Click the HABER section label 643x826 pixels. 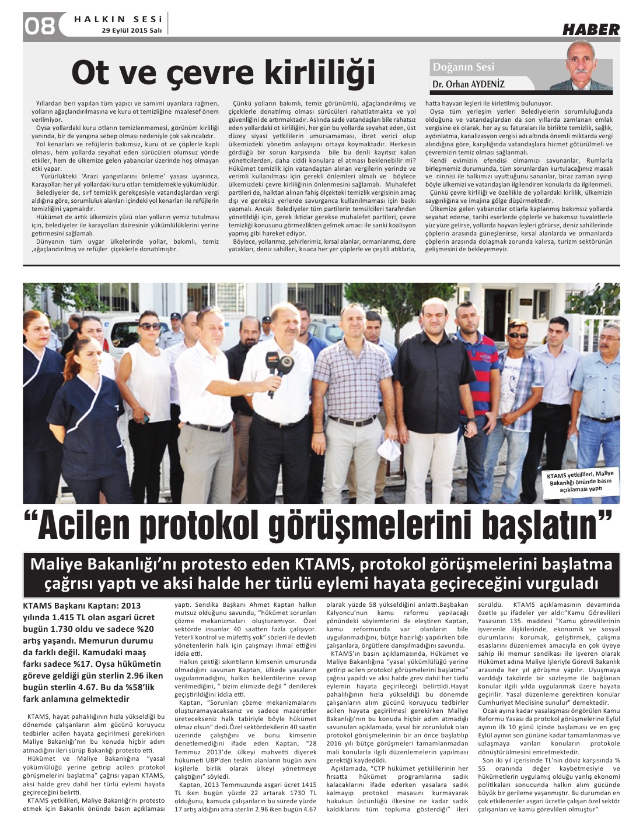point(590,29)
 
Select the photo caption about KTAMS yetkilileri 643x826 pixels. point(581,482)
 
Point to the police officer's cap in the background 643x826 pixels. point(174,316)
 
